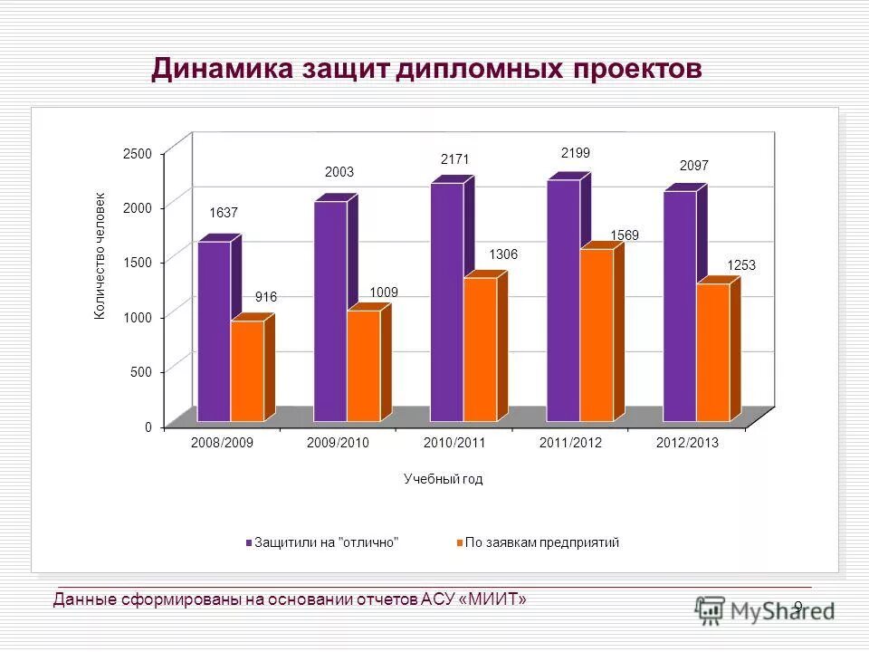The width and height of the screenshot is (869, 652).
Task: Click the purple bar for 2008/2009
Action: pyautogui.click(x=215, y=331)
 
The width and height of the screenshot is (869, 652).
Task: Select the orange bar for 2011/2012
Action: pyautogui.click(x=597, y=335)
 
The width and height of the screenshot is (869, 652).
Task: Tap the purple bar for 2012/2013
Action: pyautogui.click(x=680, y=306)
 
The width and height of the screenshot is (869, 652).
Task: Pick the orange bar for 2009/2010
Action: pyautogui.click(x=364, y=366)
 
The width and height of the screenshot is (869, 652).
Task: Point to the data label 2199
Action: pyautogui.click(x=576, y=154)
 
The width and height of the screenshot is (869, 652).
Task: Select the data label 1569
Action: pyautogui.click(x=625, y=235)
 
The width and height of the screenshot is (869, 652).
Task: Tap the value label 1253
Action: pyautogui.click(x=740, y=265)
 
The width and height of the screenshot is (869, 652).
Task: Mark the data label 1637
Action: pyautogui.click(x=224, y=213)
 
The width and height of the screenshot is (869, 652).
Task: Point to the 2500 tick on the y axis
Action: pyautogui.click(x=138, y=155)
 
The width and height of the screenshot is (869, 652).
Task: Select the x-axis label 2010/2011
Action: pyautogui.click(x=454, y=443)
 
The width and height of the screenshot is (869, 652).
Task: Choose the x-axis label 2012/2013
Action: pyautogui.click(x=687, y=443)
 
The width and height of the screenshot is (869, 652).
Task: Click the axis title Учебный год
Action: pyautogui.click(x=444, y=479)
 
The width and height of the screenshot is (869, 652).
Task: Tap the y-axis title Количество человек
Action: pyautogui.click(x=100, y=256)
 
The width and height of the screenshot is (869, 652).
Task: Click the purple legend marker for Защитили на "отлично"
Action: pyautogui.click(x=248, y=542)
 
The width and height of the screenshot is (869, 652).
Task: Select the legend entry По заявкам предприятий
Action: pyautogui.click(x=542, y=542)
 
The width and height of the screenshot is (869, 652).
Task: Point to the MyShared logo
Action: pyautogui.click(x=765, y=610)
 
